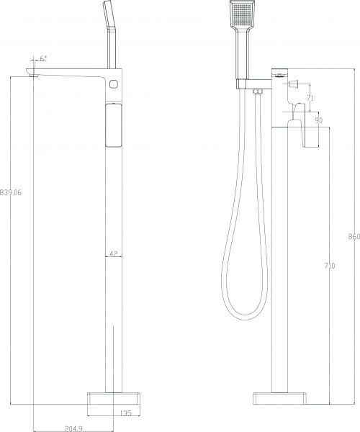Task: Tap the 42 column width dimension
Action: [113, 253]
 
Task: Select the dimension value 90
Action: [318, 120]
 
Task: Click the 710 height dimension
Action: [330, 266]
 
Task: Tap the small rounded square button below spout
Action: [112, 85]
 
